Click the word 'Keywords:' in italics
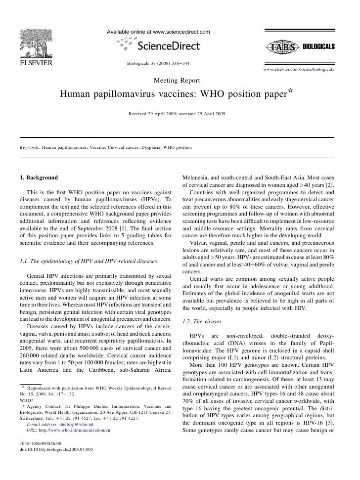tap(29, 147)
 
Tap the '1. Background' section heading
tap(39, 177)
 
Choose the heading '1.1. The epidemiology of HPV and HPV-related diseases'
tap(88, 261)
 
